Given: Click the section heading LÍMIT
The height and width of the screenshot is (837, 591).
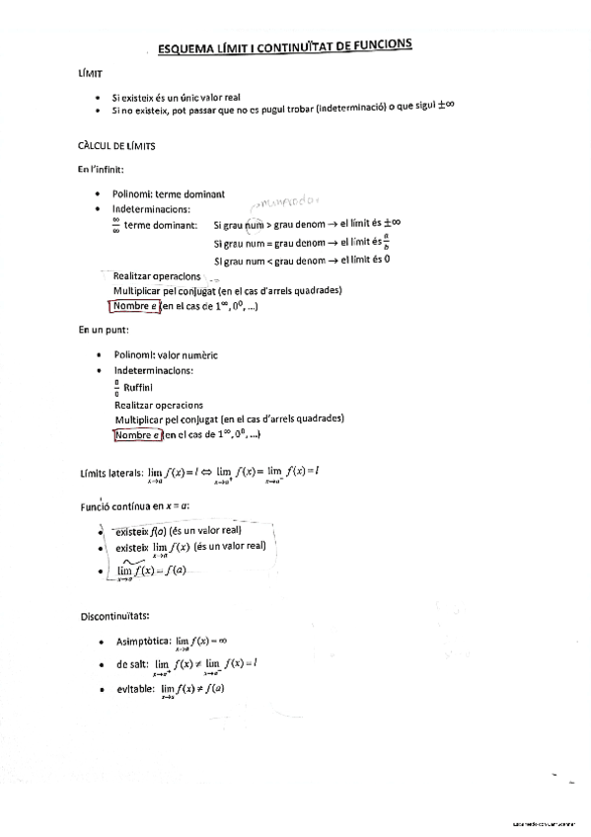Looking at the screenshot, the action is pos(90,74).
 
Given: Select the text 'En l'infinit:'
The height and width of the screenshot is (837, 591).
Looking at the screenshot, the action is pos(101,170).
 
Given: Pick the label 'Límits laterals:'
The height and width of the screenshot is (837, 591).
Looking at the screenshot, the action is pos(111,472).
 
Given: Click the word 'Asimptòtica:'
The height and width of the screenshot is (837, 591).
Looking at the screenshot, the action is pos(143,641).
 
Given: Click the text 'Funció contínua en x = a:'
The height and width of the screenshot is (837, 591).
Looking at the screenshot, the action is pos(134,505).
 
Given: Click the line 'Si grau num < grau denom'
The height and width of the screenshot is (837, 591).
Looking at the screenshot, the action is pos(267,261).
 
